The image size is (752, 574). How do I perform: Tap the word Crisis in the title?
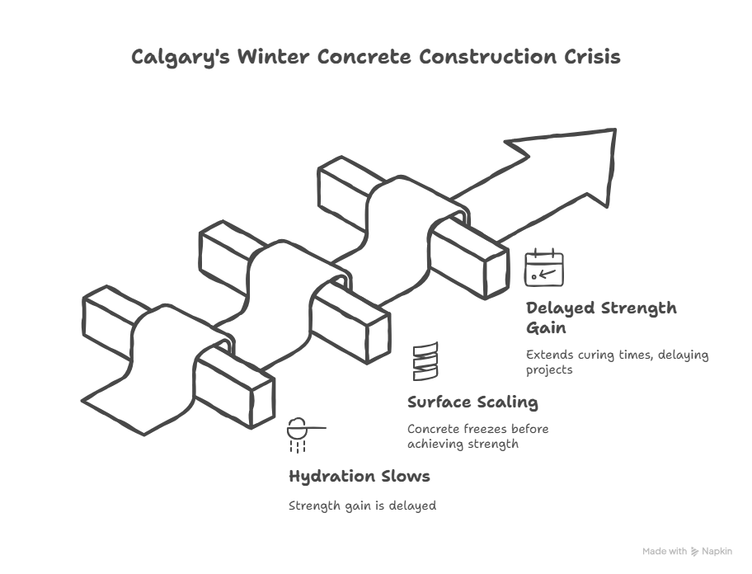[x=592, y=57]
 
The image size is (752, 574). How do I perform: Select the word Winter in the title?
[x=274, y=57]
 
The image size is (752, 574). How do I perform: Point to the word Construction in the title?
[x=488, y=57]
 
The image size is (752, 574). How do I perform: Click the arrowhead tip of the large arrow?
[x=615, y=129]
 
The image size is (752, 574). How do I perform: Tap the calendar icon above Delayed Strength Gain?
[x=544, y=267]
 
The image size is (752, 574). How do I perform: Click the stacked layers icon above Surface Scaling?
[x=425, y=361]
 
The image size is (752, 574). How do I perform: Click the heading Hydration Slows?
[x=360, y=476]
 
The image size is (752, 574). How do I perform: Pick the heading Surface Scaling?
[x=472, y=402]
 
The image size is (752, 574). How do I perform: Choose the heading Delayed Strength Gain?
[x=601, y=318]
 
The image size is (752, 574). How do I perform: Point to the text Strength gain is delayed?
[x=362, y=506]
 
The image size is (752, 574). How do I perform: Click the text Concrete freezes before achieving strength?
[x=477, y=436]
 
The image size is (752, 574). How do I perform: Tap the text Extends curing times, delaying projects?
[x=618, y=362]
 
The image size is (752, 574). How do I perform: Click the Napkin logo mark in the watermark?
[x=694, y=552]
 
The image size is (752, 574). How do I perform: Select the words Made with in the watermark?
[x=665, y=552]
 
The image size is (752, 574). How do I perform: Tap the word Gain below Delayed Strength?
[x=546, y=328]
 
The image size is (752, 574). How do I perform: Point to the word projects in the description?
[x=549, y=370]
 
